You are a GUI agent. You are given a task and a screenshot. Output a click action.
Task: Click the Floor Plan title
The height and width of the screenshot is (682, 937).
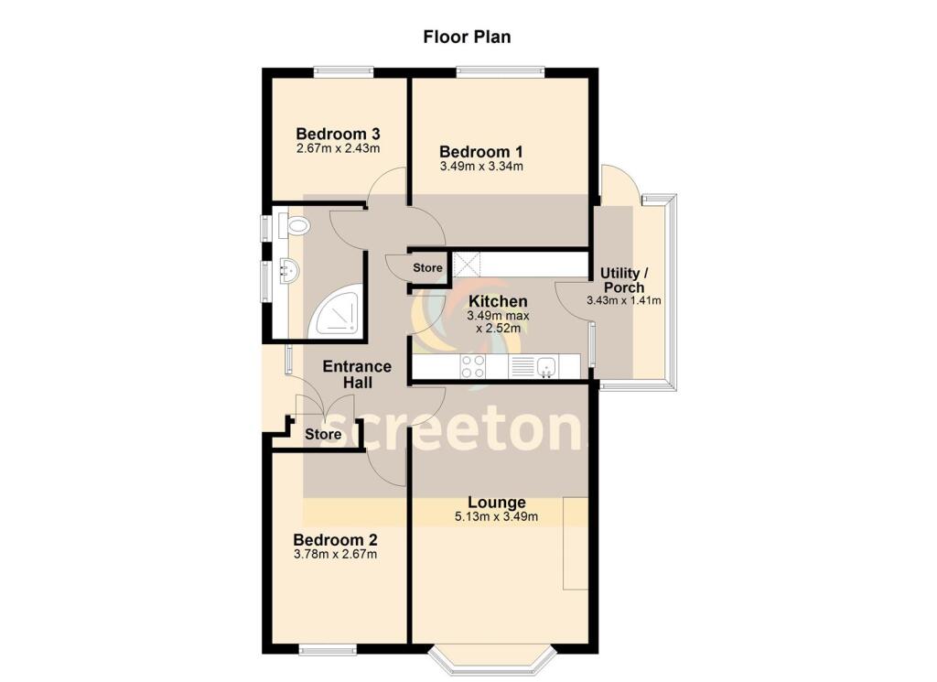[x=467, y=38]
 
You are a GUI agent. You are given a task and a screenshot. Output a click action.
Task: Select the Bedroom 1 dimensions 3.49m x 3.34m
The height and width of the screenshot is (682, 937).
[x=481, y=167]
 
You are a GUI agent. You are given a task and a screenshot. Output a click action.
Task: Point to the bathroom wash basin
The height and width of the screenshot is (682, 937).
[x=289, y=272]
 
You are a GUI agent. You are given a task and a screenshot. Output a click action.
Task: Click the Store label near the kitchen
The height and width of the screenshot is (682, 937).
[x=427, y=268]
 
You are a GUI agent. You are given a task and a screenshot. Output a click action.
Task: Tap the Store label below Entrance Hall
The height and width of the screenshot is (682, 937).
[x=323, y=434]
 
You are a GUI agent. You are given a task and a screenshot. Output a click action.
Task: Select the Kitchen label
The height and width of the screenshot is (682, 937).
[x=497, y=301]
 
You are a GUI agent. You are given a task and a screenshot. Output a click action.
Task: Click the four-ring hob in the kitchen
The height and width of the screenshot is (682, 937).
[x=473, y=366]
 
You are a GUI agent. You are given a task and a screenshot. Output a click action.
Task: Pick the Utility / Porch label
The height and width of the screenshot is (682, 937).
[x=624, y=280]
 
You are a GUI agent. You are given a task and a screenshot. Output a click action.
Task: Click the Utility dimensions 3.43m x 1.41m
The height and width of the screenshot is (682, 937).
[x=624, y=300]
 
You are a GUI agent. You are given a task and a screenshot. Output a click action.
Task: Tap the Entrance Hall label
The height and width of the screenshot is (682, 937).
[x=357, y=374]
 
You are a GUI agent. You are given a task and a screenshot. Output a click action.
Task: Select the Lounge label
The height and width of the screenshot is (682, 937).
[x=497, y=503]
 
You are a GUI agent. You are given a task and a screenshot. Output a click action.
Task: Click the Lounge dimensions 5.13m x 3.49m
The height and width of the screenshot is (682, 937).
[x=497, y=517]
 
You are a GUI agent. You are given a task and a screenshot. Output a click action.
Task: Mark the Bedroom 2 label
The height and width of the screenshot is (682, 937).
[x=335, y=540]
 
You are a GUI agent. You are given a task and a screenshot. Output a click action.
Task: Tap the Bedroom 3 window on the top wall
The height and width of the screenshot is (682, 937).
[x=343, y=70]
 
